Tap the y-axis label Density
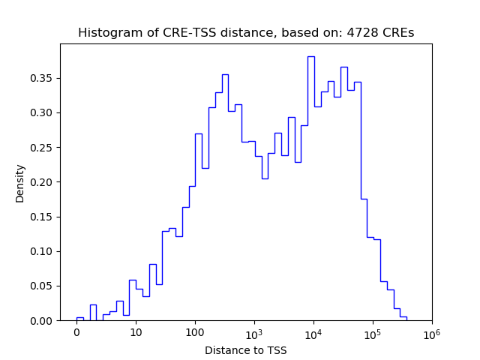click(x=20, y=183)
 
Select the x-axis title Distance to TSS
click(x=245, y=350)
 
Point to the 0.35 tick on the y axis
click(x=43, y=78)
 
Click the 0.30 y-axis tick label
click(x=43, y=112)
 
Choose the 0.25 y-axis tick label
click(x=43, y=147)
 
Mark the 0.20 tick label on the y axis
click(x=43, y=182)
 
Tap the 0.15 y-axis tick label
click(x=43, y=217)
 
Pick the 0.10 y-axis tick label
click(x=43, y=251)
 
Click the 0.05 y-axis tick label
click(x=43, y=286)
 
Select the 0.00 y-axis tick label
click(x=43, y=320)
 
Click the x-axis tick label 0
click(x=76, y=332)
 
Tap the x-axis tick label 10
click(x=136, y=332)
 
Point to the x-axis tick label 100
click(x=195, y=332)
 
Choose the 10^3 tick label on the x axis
click(x=254, y=331)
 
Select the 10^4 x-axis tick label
click(x=313, y=331)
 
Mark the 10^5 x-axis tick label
click(x=373, y=331)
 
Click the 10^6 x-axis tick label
click(x=431, y=331)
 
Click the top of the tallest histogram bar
click(x=310, y=56)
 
